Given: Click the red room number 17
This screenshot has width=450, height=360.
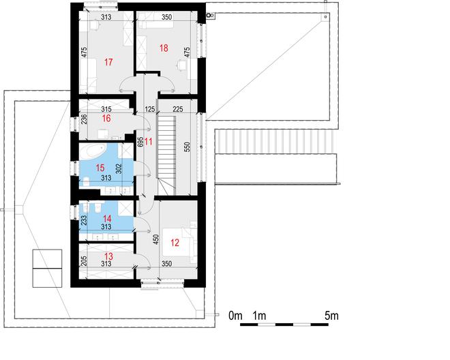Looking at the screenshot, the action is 108,62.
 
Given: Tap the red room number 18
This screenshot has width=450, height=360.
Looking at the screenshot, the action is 164,48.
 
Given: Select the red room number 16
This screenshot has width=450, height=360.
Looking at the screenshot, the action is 106,118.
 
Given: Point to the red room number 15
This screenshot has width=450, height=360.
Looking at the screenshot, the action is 100,168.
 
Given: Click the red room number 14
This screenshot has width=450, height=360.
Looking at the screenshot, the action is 107,220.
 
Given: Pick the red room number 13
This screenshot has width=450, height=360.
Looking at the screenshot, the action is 108,256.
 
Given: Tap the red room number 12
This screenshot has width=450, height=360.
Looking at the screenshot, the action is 175,243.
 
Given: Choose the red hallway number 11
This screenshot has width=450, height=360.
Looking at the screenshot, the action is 149,142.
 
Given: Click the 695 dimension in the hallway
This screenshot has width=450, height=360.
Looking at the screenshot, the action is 140,142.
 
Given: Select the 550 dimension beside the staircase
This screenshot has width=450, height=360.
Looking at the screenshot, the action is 187,147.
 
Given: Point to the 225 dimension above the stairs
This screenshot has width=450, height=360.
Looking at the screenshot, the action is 178,109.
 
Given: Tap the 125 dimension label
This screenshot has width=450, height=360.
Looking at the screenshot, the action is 150,109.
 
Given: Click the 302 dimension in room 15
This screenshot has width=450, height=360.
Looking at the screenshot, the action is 119,169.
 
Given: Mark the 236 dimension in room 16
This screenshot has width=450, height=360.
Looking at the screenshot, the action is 84,119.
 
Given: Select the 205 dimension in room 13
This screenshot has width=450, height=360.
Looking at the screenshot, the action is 84,262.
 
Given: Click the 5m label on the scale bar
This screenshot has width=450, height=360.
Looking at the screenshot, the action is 331,316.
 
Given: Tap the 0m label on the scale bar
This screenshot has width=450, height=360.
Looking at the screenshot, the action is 235,316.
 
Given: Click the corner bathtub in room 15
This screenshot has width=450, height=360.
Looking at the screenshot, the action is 93,151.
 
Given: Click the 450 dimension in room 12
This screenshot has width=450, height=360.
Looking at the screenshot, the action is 156,240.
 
